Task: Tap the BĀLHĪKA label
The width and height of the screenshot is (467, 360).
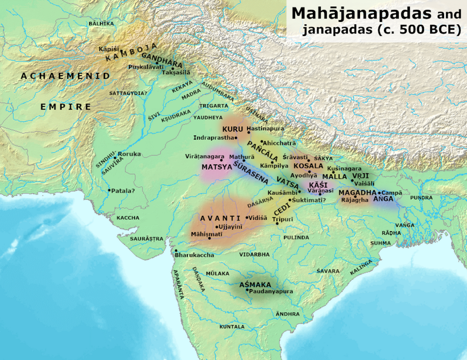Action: coord(101,23)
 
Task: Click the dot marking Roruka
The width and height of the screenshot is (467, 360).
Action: coord(115,158)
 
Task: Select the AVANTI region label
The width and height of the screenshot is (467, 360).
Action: coord(220,218)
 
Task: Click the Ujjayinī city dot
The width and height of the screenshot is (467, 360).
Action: coord(216,227)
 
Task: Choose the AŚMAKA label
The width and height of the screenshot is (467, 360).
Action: coord(255,285)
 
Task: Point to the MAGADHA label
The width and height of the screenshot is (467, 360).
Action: coord(358,193)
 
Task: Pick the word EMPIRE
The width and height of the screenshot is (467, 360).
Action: coord(66,107)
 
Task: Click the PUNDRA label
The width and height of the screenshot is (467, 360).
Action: coord(421,198)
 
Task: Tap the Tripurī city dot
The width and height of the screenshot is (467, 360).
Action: coord(278,223)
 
